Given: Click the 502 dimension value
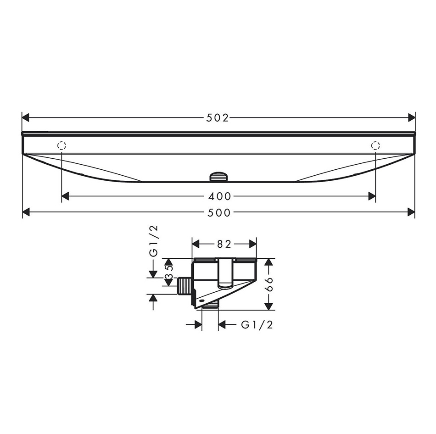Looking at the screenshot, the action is (218, 118).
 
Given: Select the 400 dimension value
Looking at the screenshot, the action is (220, 196).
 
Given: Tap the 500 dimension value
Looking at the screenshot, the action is (219, 213).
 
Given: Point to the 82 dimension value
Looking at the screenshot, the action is (224, 245).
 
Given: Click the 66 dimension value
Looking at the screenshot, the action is (269, 284).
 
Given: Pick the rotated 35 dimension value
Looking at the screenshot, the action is (169, 272).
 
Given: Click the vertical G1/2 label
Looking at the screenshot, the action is (153, 241).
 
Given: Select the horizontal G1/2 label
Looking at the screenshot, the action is (257, 325).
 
